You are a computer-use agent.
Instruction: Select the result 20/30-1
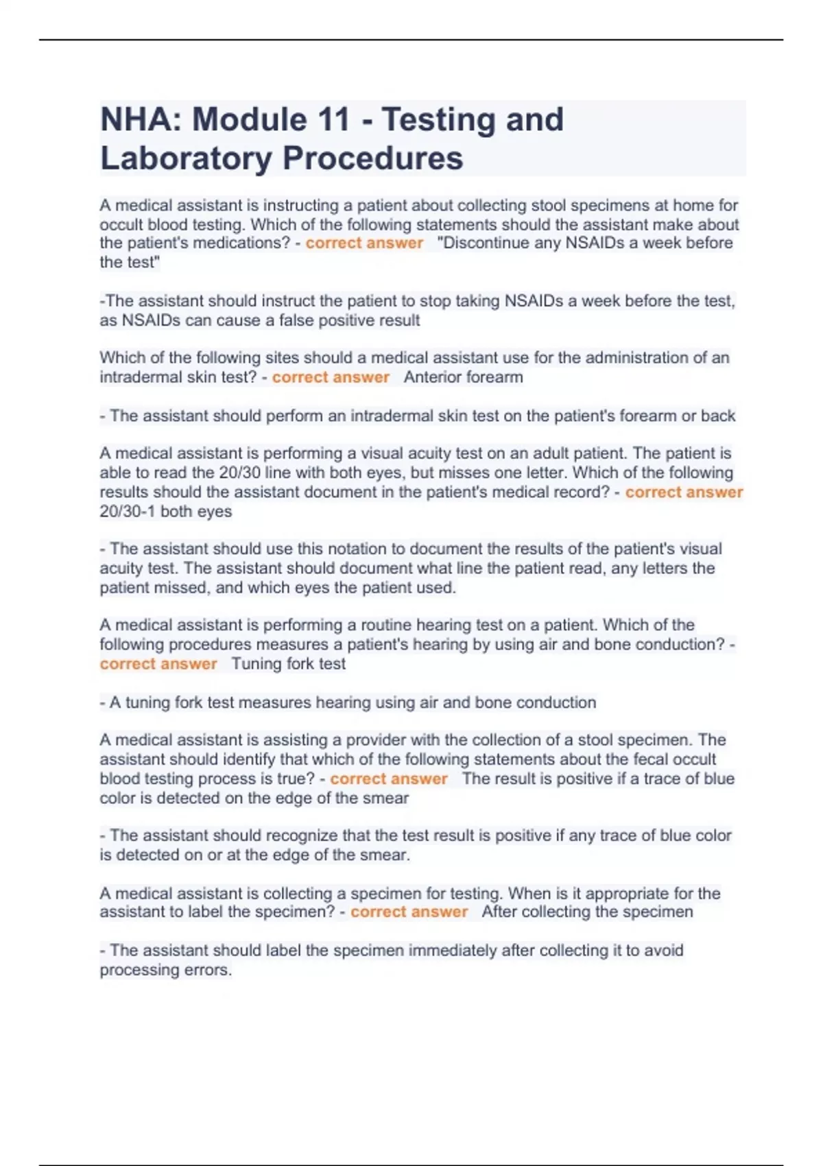128,512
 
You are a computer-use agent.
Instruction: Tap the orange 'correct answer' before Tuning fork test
158,664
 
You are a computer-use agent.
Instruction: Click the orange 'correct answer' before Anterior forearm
331,377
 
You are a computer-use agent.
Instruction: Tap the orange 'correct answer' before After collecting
409,912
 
